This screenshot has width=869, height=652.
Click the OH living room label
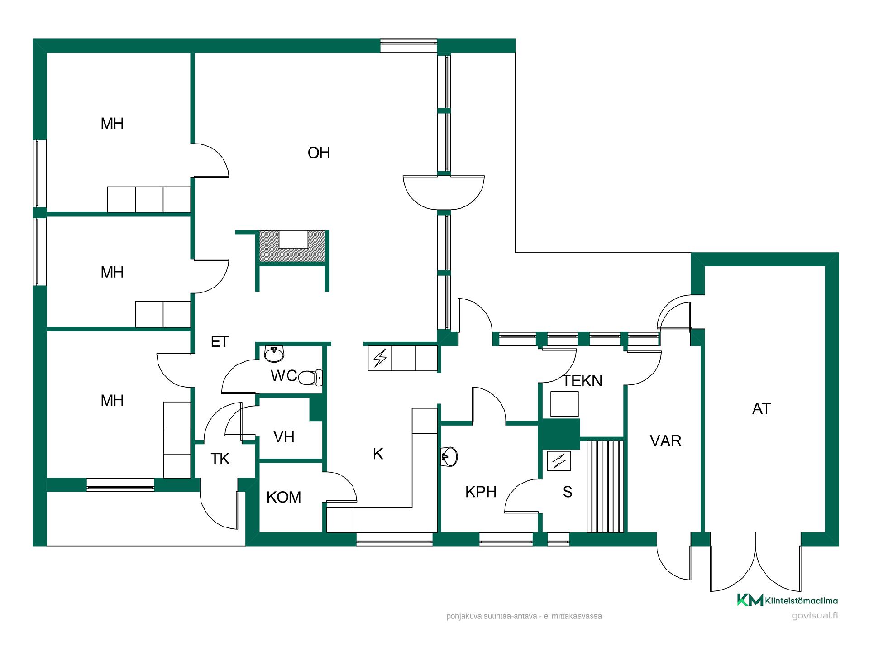tap(319, 153)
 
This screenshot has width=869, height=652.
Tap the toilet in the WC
tap(310, 377)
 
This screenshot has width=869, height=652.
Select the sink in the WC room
tap(274, 354)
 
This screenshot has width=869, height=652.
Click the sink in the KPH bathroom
tap(449, 456)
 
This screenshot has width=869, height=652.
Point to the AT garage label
tap(761, 408)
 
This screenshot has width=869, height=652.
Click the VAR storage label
tap(665, 441)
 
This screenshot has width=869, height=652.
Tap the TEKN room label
tap(583, 381)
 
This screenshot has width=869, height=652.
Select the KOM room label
tap(284, 497)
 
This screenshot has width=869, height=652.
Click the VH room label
tap(284, 436)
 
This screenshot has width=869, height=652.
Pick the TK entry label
tap(220, 459)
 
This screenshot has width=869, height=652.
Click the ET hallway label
tap(220, 341)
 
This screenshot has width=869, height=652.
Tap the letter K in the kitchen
tap(378, 454)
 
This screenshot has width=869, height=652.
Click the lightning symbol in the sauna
tap(559, 461)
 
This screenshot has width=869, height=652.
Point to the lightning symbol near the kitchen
tap(380, 359)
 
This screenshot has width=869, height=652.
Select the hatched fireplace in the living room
tap(292, 246)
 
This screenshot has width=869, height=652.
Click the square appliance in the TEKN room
tap(564, 404)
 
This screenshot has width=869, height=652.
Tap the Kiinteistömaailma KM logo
tap(788, 600)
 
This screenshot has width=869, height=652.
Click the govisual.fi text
tap(815, 616)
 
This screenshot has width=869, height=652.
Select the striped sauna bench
tap(606, 486)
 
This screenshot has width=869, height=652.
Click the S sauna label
tap(568, 492)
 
